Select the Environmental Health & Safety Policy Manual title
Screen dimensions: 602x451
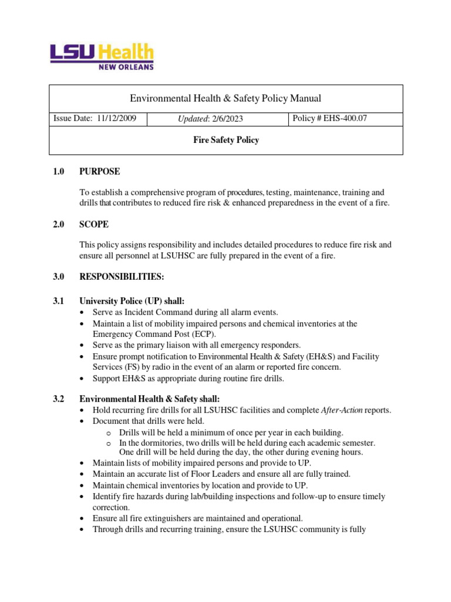coord(225,98)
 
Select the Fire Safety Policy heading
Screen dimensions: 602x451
coord(226,141)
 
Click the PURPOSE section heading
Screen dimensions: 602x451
coord(99,172)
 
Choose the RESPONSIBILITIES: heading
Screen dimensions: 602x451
coord(122,277)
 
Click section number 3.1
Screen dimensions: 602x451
coord(58,301)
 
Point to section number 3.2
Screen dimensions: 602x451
coord(58,399)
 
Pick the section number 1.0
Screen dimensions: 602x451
coord(58,172)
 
